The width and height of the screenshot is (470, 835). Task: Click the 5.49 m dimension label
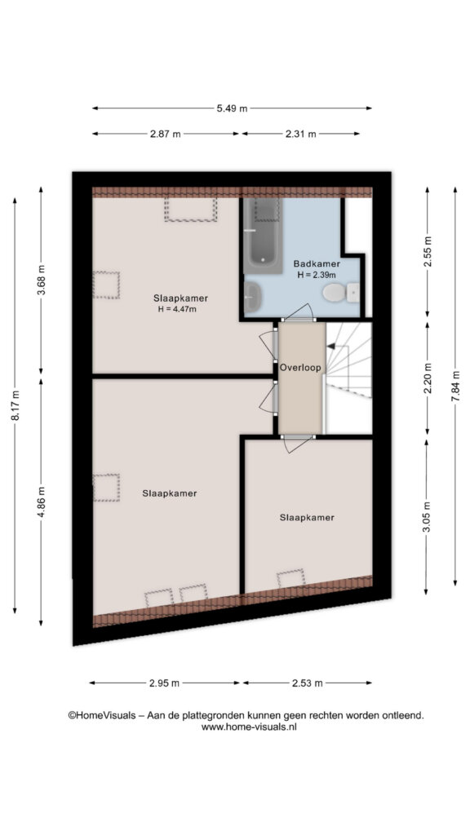pos(232,108)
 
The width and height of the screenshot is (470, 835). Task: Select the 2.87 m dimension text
pos(165,135)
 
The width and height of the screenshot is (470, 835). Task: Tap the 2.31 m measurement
pos(300,135)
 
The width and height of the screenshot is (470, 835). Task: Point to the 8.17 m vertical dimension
pos(16,406)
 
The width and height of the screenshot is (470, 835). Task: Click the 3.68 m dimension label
pos(42,281)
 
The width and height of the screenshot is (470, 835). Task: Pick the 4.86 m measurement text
pos(42,501)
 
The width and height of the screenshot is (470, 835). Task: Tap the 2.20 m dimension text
pos(427,377)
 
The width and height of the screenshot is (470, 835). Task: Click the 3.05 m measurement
pos(427,516)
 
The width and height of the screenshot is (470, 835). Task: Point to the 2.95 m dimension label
pos(163,683)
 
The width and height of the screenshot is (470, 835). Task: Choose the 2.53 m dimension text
pos(307,683)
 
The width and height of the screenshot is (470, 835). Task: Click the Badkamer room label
pos(317,263)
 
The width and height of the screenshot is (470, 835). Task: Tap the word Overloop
pos(300,367)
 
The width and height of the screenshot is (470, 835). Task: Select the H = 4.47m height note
pos(177,309)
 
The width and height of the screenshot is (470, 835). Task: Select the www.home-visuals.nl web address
pos(249,727)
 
